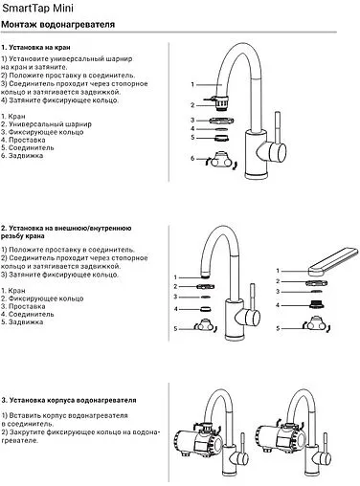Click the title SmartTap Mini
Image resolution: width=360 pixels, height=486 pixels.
click(x=35, y=8)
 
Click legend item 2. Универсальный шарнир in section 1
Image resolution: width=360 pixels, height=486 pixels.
click(x=42, y=124)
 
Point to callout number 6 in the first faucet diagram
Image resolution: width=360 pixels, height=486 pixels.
click(x=192, y=157)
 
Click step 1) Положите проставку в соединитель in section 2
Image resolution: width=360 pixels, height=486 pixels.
click(x=62, y=251)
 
